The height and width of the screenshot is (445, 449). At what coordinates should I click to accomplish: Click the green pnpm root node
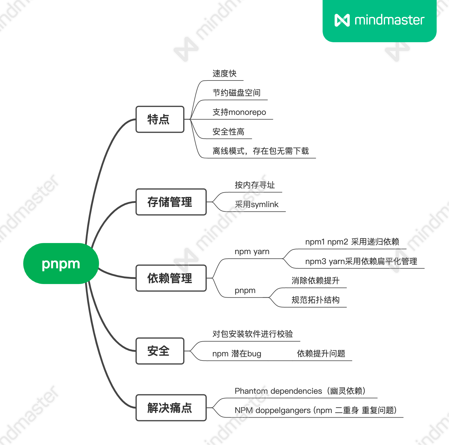(61, 264)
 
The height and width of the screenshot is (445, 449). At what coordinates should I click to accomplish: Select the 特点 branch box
(160, 119)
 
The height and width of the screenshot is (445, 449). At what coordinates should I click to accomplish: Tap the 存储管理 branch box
(171, 202)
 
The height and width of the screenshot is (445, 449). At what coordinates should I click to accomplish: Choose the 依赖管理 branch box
(171, 278)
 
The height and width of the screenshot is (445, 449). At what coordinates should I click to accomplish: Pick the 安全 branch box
(160, 351)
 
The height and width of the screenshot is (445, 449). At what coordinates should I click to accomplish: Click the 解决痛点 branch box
(171, 408)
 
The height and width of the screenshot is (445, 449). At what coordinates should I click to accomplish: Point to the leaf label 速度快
(224, 74)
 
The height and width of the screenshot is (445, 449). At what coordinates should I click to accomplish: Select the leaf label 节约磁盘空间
(236, 93)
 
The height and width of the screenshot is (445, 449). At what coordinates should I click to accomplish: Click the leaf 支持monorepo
(239, 112)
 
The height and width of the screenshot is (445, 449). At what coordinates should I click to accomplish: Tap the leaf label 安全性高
(228, 132)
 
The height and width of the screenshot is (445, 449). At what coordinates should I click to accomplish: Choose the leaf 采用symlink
(256, 204)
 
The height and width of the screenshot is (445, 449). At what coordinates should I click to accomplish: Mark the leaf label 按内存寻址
(255, 185)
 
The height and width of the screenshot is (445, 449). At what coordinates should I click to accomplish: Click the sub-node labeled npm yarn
(252, 251)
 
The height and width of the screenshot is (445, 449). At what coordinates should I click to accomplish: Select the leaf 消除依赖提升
(315, 281)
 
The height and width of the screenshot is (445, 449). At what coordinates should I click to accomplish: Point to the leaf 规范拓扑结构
(315, 300)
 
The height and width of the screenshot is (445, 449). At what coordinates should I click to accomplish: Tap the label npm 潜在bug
(237, 354)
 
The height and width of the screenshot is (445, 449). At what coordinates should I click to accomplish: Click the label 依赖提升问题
(321, 354)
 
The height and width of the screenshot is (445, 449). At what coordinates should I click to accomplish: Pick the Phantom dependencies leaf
(300, 391)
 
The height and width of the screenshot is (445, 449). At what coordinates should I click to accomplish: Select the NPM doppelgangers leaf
(315, 410)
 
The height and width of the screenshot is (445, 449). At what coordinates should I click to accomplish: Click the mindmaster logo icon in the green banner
(342, 20)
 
